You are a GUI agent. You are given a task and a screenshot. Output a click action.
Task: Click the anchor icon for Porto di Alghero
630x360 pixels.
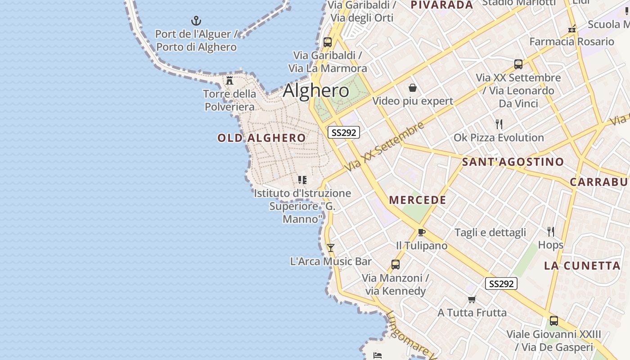point(196,20)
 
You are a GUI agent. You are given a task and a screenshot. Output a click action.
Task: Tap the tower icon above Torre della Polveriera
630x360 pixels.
point(229,81)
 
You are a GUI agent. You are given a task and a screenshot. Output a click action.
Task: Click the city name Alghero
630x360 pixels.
point(316,91)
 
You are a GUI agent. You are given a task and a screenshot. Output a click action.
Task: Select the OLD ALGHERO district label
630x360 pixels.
point(261,138)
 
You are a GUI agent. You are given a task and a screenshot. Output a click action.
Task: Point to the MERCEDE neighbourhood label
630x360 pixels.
point(418,200)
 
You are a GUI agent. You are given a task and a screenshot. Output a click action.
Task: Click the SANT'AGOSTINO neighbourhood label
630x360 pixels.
point(513,162)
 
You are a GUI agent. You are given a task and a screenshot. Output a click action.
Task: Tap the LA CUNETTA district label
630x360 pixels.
point(582,265)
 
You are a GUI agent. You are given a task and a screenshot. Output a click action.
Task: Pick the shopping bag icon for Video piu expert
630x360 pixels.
point(412,87)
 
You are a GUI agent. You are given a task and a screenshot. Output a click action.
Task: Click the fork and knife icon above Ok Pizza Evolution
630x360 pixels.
point(499,124)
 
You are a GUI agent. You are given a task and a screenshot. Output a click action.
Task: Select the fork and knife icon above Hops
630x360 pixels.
point(550,231)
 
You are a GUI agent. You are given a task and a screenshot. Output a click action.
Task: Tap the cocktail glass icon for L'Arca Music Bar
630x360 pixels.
point(331,247)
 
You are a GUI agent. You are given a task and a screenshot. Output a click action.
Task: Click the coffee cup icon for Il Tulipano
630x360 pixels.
point(421,232)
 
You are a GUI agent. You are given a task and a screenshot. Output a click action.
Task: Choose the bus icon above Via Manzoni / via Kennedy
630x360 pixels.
point(396,265)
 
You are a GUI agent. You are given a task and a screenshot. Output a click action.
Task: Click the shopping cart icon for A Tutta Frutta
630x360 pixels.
point(472,299)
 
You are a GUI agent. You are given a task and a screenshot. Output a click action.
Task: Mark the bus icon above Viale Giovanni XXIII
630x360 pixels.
point(553,321)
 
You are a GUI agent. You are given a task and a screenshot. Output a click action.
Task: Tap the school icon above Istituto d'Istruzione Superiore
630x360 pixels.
point(302,180)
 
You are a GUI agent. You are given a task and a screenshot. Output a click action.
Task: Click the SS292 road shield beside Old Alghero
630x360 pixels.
point(343,132)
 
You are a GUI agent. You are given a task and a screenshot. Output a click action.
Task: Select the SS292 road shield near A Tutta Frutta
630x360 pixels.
point(501,283)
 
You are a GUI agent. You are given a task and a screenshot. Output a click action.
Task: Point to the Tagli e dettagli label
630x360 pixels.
point(490,233)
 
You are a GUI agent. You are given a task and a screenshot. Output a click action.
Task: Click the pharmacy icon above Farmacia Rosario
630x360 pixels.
point(572,29)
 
